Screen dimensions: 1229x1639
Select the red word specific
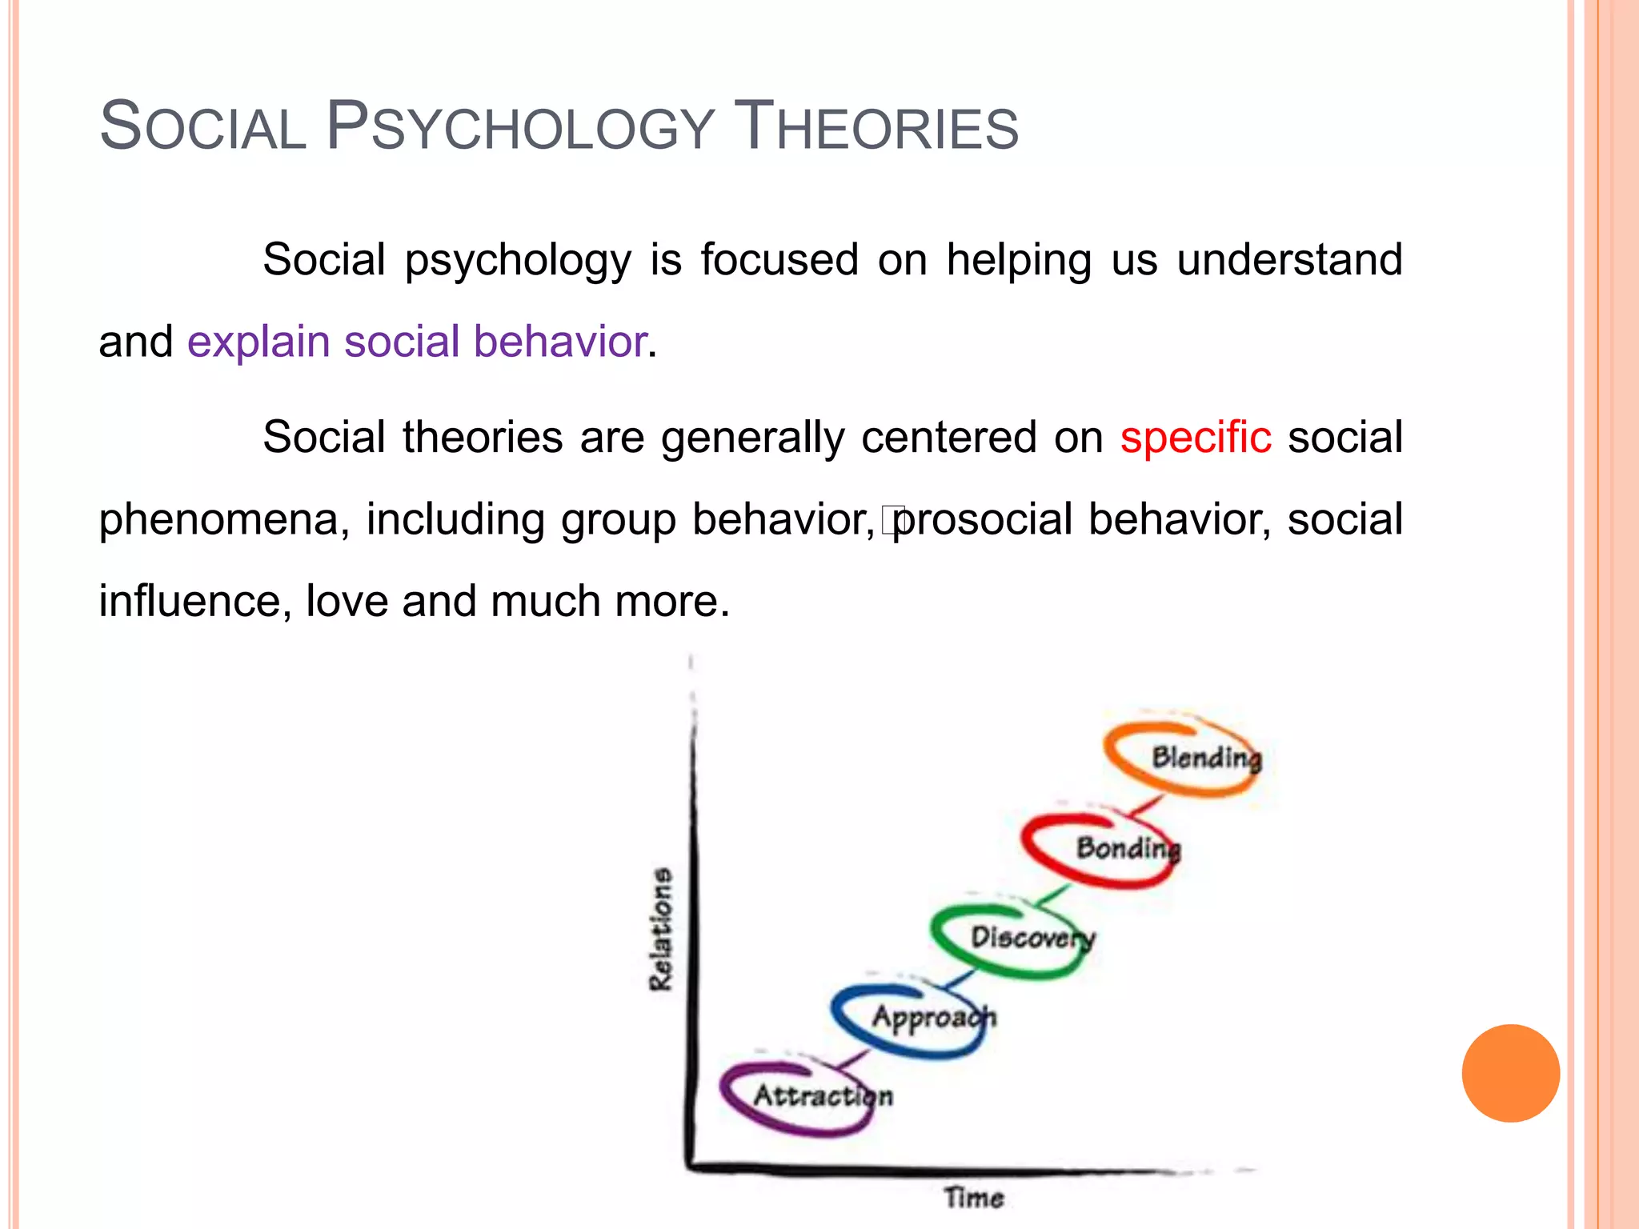pos(1195,438)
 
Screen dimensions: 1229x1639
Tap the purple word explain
pos(258,342)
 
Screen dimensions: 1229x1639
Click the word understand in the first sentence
pos(1289,260)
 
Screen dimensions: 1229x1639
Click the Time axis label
pos(973,1198)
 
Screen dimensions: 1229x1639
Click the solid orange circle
pos(1510,1073)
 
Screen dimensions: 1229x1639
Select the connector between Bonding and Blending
pos(1146,806)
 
